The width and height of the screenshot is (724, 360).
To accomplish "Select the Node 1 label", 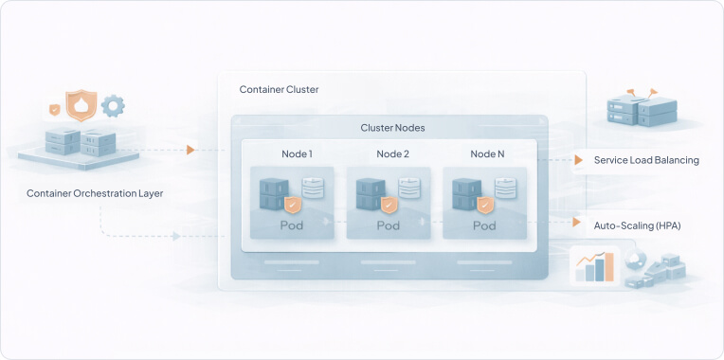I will pos(297,153).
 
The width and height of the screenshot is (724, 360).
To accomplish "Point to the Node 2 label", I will pos(392,153).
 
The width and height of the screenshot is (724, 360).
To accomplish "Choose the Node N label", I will pos(488,153).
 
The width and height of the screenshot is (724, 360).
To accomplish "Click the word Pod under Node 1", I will pos(293,226).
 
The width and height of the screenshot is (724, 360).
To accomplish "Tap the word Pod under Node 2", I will pos(389,226).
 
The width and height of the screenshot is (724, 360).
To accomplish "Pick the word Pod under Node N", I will pos(484,226).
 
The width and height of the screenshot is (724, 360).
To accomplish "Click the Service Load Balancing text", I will pos(646,160).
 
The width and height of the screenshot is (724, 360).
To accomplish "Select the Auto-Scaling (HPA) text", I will pos(637,225).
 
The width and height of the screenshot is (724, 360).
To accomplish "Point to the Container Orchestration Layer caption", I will pos(95,193).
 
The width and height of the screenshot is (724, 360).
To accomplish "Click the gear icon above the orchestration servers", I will pos(114,103).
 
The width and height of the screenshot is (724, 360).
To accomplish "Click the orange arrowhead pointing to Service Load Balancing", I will pos(579,160).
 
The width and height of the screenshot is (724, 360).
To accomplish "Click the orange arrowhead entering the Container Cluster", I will pos(190,150).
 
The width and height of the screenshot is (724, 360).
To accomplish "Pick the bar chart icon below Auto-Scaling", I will pos(595,267).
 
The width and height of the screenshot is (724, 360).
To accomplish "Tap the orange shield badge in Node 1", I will pos(293,204).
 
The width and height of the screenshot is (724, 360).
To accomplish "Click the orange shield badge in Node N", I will pos(484,204).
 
